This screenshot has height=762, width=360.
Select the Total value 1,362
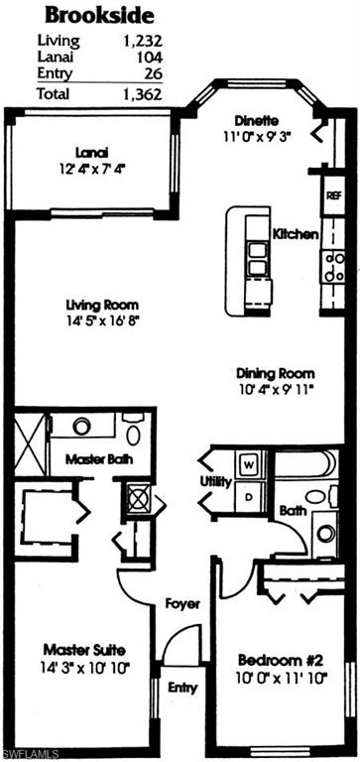point(143,95)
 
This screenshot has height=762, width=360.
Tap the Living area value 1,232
point(143,42)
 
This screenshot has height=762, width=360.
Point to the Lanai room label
point(90,153)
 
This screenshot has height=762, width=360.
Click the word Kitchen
point(296,235)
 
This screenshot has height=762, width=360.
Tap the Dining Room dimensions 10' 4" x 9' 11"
point(275,389)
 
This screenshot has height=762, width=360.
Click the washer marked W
point(249,463)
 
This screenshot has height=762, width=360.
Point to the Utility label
point(216,481)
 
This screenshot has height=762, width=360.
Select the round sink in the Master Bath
point(82,426)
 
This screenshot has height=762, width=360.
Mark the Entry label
point(182,688)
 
